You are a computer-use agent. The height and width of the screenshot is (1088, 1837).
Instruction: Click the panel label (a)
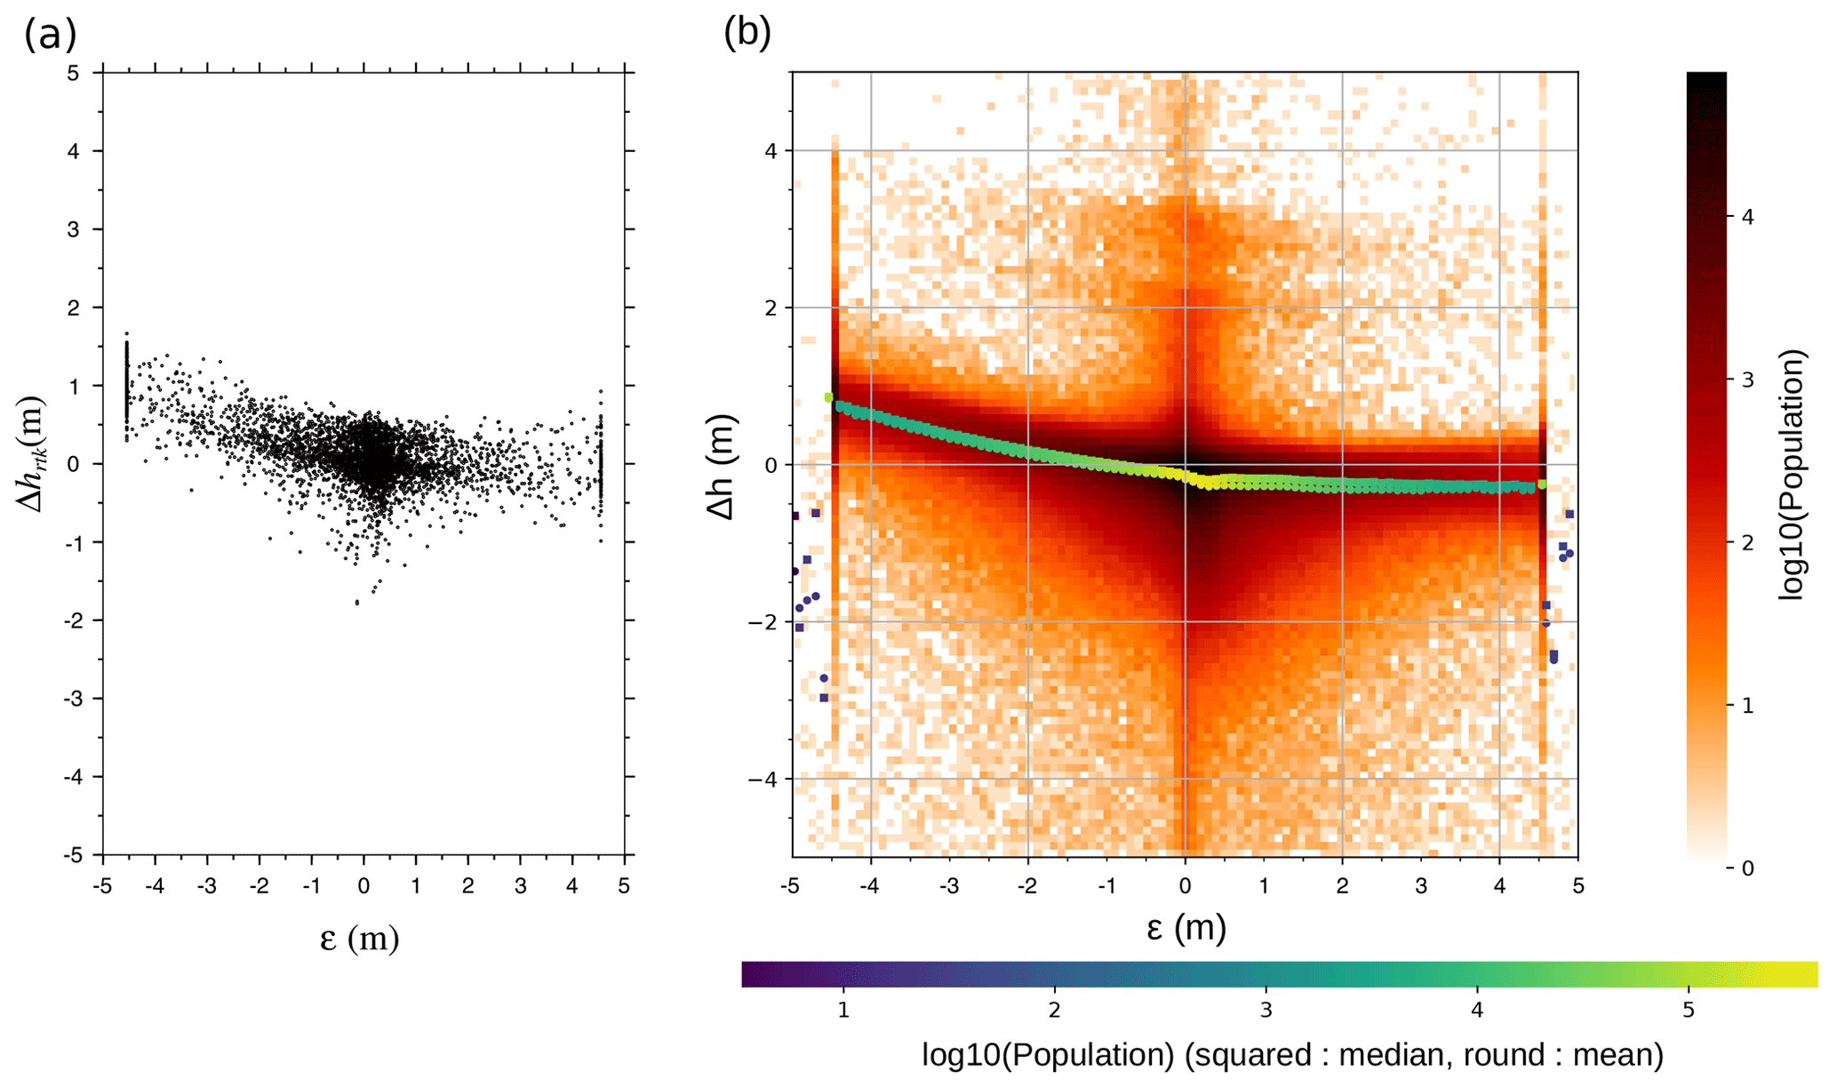51,36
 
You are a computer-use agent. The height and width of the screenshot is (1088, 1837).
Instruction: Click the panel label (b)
747,33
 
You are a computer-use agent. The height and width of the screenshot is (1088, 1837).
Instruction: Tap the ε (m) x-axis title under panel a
359,939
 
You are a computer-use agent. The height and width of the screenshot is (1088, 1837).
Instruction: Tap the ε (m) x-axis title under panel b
1186,928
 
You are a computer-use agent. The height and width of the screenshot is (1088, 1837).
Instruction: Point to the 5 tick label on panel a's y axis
73,73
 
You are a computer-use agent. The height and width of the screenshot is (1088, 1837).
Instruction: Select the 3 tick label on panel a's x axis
520,886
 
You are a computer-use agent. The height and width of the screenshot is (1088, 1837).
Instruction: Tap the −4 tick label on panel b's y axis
762,780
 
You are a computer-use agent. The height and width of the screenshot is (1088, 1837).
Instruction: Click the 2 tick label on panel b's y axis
771,308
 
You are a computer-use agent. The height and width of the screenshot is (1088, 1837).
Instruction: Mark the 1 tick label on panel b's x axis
1263,886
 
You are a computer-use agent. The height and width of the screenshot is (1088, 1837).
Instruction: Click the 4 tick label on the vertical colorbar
1748,217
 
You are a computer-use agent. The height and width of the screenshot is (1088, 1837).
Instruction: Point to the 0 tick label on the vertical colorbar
1748,868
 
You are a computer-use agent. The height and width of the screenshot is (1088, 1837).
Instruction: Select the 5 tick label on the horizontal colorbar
1688,1011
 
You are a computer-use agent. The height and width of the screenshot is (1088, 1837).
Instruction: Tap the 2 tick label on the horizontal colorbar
1054,1011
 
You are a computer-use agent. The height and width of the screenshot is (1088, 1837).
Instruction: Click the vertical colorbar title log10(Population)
1793,475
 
